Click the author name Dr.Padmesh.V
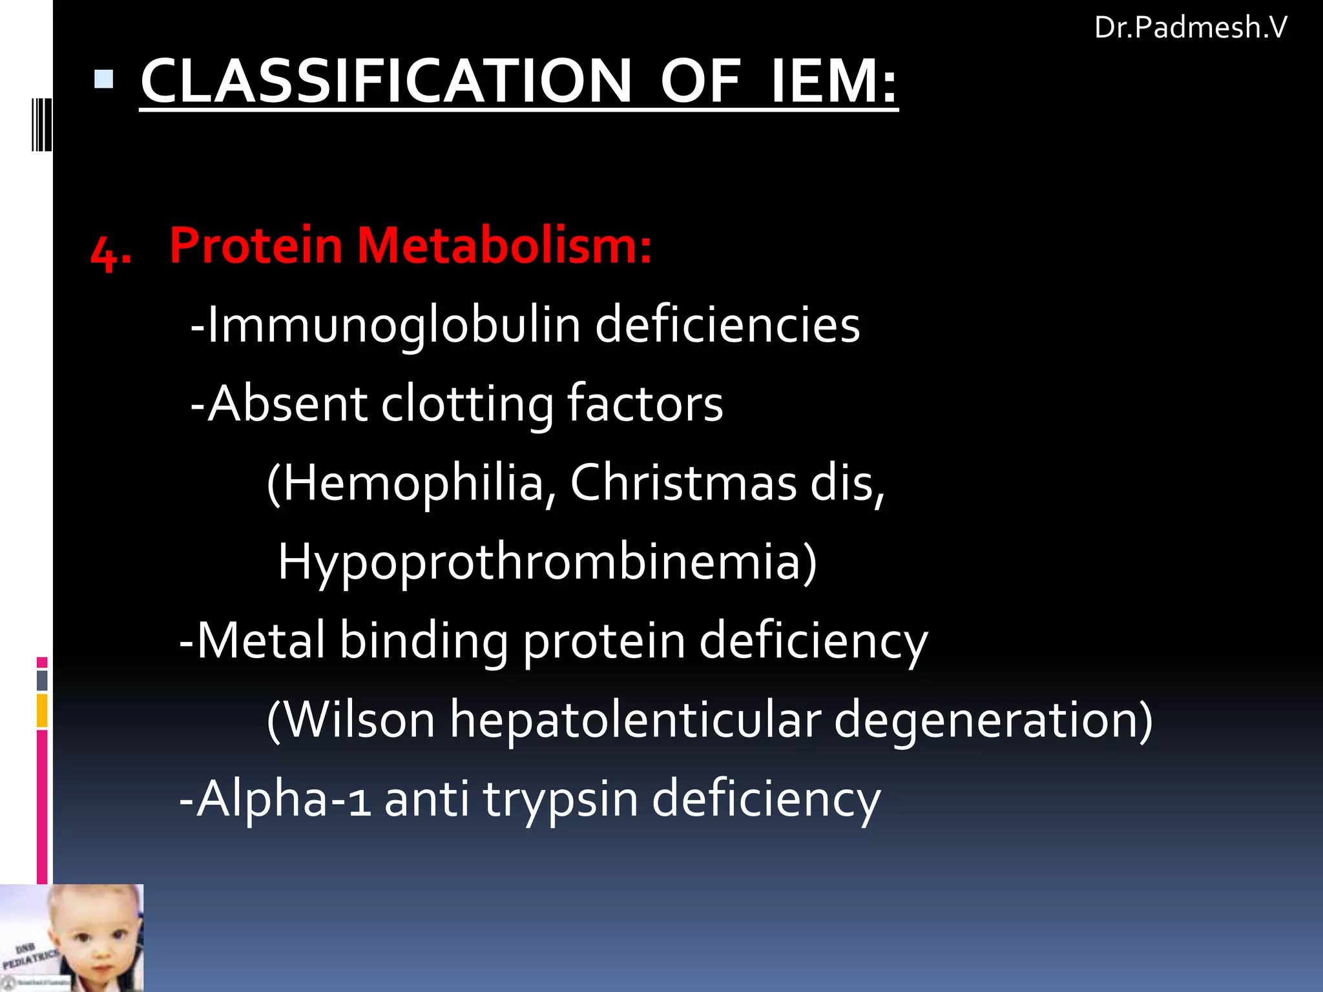click(x=1190, y=28)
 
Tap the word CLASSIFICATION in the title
click(x=386, y=81)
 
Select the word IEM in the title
click(x=833, y=81)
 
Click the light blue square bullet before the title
click(x=103, y=79)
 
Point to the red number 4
click(x=110, y=252)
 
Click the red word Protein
click(x=256, y=246)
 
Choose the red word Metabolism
click(x=504, y=246)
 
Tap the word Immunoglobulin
click(x=394, y=325)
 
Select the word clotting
click(x=467, y=404)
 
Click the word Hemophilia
click(x=413, y=483)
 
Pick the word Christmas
click(x=683, y=483)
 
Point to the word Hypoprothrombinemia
click(x=547, y=562)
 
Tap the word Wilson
click(x=360, y=719)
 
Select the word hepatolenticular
click(x=635, y=719)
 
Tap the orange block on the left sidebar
click(x=42, y=710)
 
